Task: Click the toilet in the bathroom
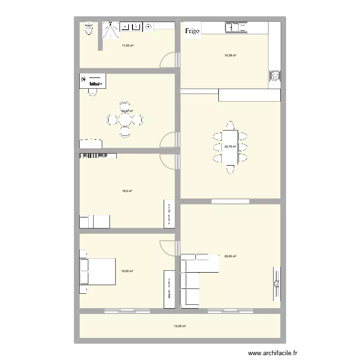[88, 29]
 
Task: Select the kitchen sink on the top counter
[236, 28]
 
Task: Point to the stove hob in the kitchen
[275, 76]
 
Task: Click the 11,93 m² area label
[128, 46]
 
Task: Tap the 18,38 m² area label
[230, 56]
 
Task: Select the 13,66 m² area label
[180, 326]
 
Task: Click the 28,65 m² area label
[230, 256]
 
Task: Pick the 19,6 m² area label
[127, 191]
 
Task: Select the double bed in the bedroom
[98, 271]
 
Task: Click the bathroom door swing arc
[168, 60]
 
